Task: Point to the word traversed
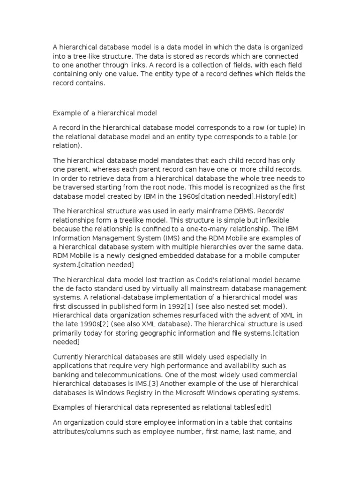coord(80,187)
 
